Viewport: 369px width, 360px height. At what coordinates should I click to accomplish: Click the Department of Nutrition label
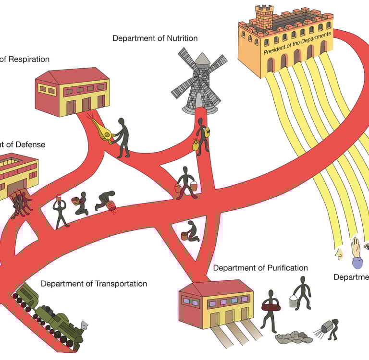(x=155, y=38)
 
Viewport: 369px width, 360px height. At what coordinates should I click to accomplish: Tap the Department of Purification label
(x=260, y=268)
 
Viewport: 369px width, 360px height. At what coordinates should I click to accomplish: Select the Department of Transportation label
(x=94, y=284)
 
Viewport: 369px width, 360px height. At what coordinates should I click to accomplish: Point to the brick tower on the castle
(x=264, y=17)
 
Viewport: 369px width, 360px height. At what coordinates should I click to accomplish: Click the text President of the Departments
(x=297, y=44)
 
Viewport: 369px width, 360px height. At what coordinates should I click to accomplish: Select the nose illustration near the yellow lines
(x=339, y=253)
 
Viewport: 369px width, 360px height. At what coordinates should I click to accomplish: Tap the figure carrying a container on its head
(x=60, y=211)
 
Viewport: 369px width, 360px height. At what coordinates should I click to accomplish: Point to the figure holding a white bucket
(x=301, y=293)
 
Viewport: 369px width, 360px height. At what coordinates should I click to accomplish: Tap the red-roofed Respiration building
(x=73, y=91)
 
